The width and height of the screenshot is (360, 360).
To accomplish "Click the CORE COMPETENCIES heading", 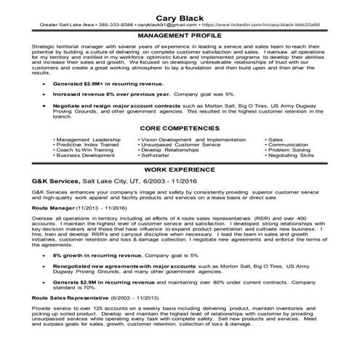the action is (180, 127).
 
